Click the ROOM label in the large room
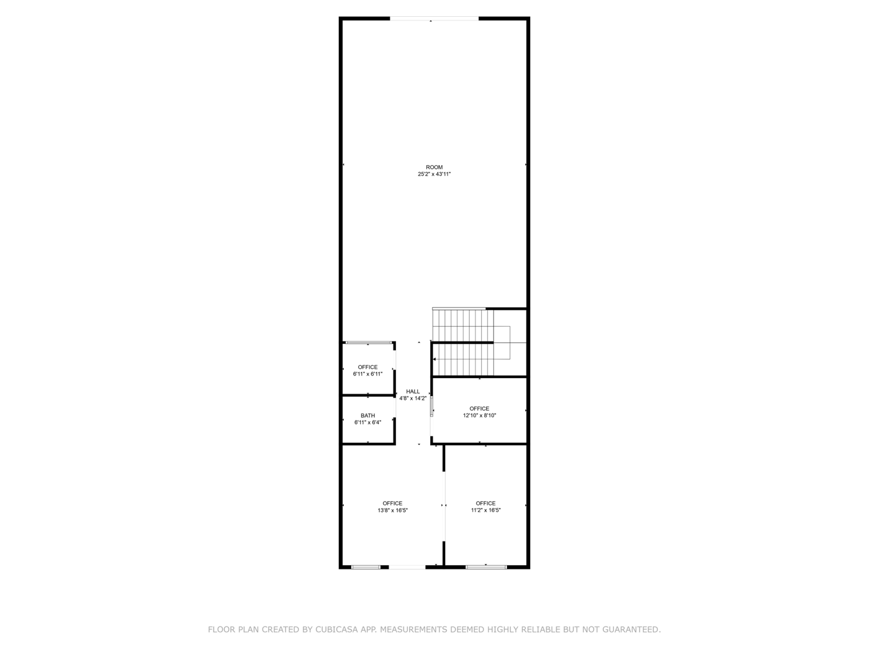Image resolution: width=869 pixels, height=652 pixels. click(434, 167)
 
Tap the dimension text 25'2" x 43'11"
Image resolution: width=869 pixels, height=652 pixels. click(434, 174)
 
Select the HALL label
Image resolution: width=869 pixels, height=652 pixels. click(413, 391)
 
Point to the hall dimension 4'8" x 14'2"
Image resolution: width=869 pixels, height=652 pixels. click(413, 399)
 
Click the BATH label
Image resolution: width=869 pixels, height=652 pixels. click(367, 415)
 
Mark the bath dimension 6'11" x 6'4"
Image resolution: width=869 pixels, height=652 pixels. click(367, 423)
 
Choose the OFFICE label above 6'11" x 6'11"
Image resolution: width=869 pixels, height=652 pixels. click(367, 367)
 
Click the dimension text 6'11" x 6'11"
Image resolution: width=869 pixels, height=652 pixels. click(367, 374)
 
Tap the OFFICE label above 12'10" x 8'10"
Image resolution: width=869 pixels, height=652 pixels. click(479, 409)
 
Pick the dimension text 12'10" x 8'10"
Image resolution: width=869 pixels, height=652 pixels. click(479, 416)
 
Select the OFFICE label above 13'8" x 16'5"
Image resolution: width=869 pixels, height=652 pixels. click(392, 503)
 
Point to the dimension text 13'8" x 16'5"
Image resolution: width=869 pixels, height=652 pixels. click(392, 510)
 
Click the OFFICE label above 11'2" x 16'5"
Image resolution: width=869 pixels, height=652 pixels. click(485, 503)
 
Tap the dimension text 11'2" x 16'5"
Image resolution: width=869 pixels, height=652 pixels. click(485, 510)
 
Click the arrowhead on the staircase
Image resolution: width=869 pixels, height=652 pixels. click(434, 360)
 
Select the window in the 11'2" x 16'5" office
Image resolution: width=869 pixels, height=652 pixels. click(486, 566)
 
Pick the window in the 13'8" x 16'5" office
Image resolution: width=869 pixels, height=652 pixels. click(366, 566)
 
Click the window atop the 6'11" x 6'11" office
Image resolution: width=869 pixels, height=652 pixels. click(369, 343)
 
